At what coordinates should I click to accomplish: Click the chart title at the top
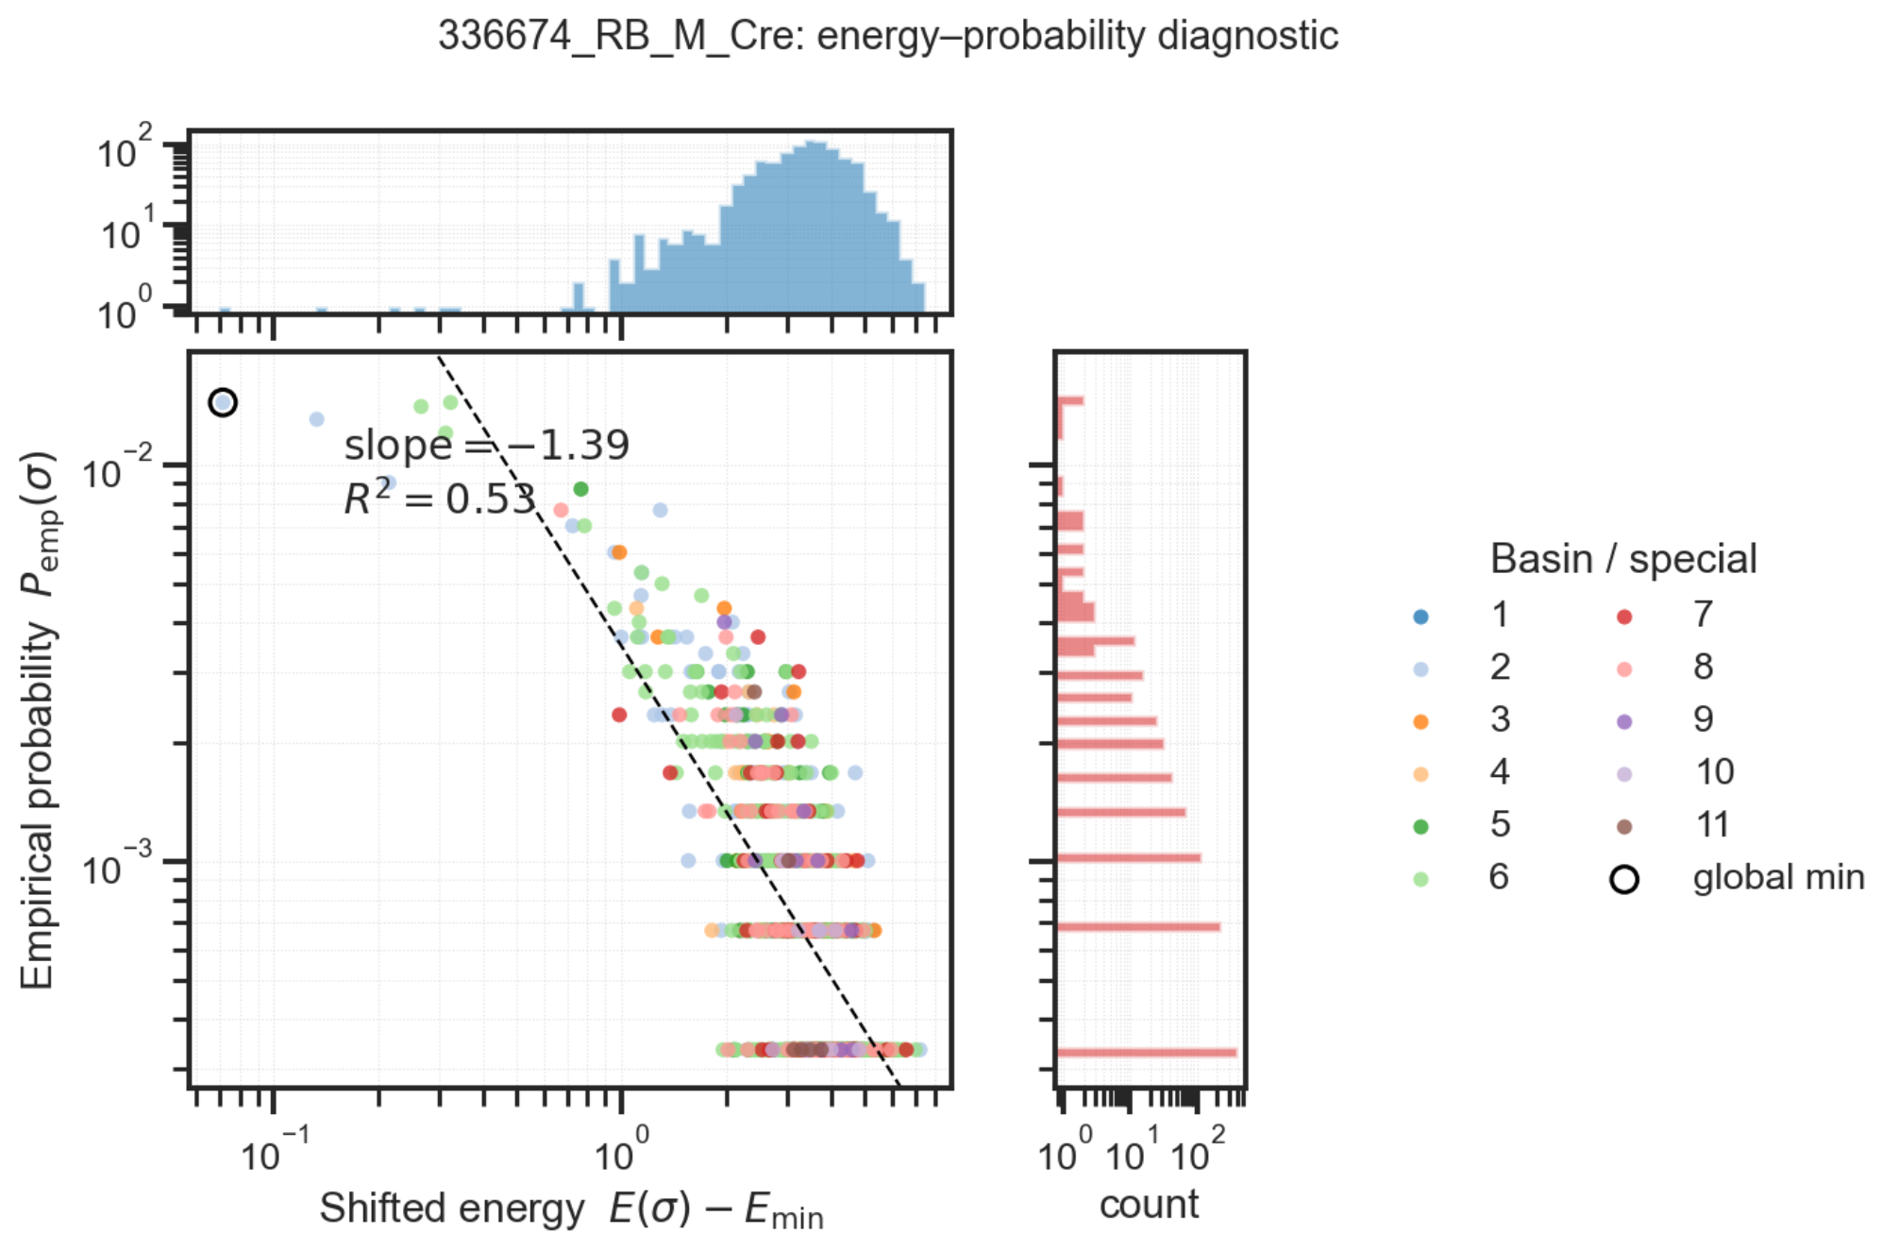pos(887,36)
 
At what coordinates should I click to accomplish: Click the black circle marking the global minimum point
pos(223,403)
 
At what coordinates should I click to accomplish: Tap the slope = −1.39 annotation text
pos(486,445)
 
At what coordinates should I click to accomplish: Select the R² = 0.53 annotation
pos(440,498)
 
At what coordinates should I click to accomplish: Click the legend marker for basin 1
pos(1420,617)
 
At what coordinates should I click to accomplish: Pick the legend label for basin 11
pos(1713,825)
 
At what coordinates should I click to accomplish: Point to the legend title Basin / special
pos(1623,559)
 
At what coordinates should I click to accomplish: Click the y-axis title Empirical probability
pos(38,720)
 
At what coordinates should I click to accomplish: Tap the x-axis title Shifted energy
pos(571,1209)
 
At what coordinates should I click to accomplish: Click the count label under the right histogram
pos(1149,1205)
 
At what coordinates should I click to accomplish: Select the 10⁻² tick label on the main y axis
pos(116,469)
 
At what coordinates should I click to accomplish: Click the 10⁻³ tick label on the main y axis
pos(116,866)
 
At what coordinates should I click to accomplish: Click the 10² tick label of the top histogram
pos(124,148)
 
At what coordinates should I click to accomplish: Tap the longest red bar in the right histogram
pos(1146,1052)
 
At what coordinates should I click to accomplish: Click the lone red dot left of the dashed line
pos(619,715)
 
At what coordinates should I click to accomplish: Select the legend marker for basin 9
pos(1624,722)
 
